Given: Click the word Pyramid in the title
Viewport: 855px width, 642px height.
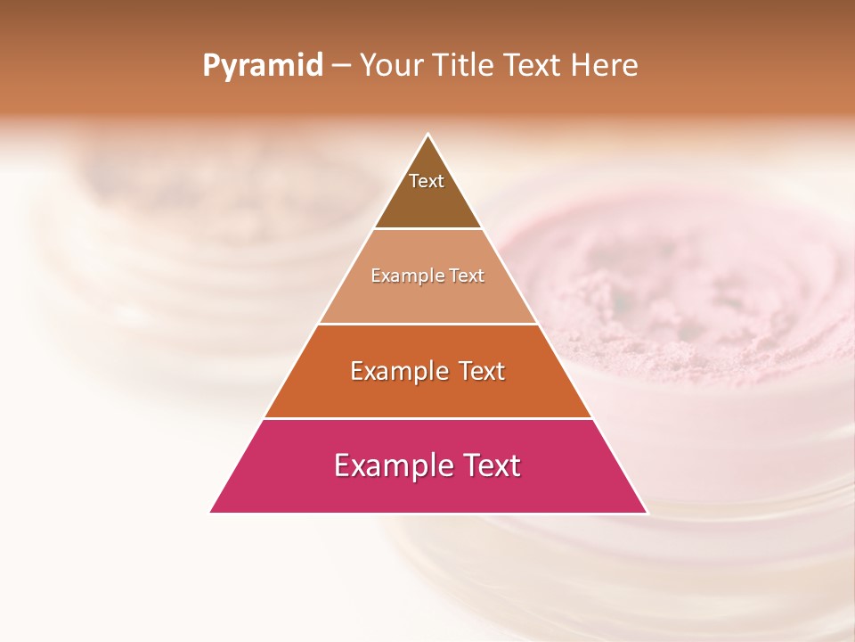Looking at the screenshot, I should [262, 66].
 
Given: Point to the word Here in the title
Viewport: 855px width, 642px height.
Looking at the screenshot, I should [605, 66].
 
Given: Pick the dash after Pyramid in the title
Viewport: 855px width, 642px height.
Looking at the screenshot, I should [340, 67].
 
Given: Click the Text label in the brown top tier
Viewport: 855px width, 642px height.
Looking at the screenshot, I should [427, 181].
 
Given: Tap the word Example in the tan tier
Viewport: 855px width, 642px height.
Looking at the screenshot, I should [400, 276].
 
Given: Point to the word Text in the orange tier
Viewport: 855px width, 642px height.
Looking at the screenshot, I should [482, 371].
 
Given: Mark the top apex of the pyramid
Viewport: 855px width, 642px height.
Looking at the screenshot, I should [428, 135].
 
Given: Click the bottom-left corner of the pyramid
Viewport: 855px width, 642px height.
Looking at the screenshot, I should [210, 513].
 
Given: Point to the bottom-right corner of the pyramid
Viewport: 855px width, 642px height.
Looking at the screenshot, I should [647, 513].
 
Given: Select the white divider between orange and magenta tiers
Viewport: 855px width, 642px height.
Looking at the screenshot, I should [428, 418].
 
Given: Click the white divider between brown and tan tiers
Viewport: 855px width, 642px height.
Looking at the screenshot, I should [428, 229].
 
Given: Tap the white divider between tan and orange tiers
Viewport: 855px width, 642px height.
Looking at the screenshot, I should [428, 324].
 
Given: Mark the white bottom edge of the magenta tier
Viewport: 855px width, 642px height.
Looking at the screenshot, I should [428, 513].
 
